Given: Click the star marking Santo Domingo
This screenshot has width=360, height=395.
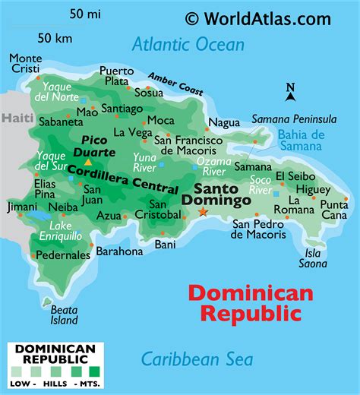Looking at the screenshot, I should (203, 213).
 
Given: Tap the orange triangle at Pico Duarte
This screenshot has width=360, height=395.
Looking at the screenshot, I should (88, 162).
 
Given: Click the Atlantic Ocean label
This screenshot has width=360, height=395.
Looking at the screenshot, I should (188, 44).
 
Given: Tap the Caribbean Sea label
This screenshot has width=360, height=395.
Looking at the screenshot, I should (197, 359).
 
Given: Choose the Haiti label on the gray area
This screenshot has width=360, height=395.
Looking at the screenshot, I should (15, 118).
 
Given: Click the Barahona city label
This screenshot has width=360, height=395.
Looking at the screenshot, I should (120, 251).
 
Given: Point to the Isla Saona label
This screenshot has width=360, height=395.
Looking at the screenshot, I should (317, 258).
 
